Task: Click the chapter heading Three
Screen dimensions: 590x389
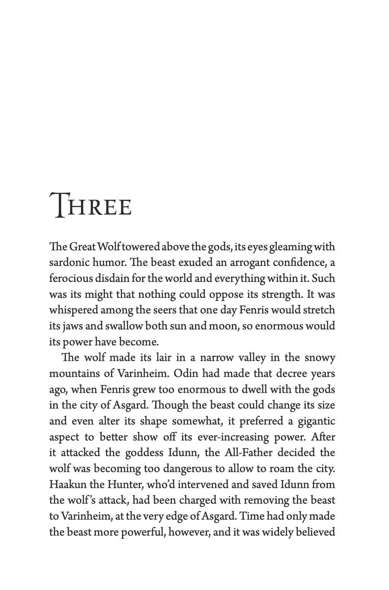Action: (x=91, y=206)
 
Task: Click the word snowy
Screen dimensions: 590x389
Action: (x=320, y=358)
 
